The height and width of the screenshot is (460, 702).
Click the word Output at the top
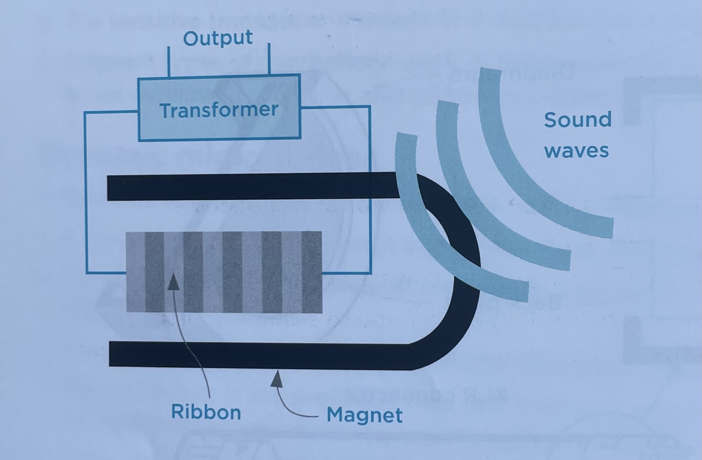point(218,38)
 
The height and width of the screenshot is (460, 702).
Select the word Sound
point(577,120)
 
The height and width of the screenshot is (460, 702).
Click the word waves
point(576,151)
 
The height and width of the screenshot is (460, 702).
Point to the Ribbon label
point(206,412)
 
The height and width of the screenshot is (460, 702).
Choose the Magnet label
point(364,415)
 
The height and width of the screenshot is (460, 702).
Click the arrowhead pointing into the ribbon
point(174,282)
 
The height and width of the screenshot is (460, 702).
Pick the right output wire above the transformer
point(269,59)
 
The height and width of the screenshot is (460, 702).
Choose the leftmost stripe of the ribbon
point(136,272)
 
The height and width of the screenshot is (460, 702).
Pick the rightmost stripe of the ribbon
point(312,272)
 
